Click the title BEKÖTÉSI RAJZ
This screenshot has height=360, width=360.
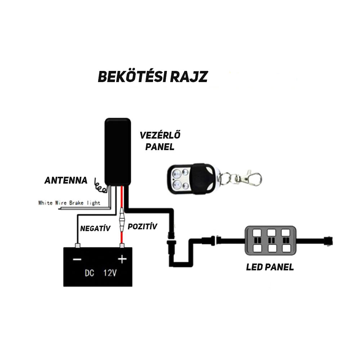pyautogui.click(x=153, y=76)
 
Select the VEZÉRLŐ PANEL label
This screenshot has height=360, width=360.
pyautogui.click(x=160, y=141)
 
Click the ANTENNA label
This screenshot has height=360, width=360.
pyautogui.click(x=66, y=180)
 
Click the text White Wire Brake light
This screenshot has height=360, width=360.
pyautogui.click(x=69, y=203)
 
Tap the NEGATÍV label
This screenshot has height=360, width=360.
pyautogui.click(x=95, y=228)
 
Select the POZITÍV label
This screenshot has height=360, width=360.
pyautogui.click(x=143, y=226)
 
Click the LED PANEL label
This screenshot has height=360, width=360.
pyautogui.click(x=270, y=267)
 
